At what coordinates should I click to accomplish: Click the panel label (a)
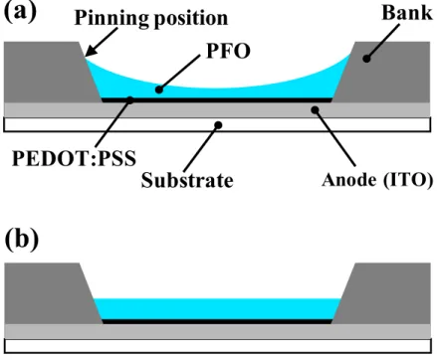point(20,12)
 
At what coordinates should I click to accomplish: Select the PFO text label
point(228,52)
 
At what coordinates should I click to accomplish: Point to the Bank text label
point(407,13)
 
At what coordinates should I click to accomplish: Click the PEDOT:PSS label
point(74,158)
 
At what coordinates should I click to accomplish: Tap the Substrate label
point(187,180)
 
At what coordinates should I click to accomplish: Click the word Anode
point(349,180)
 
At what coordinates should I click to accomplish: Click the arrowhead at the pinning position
point(88,53)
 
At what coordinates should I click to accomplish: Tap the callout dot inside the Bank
point(366,59)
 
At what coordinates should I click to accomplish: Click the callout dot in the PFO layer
point(159,90)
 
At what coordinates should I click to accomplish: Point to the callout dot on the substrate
point(218,125)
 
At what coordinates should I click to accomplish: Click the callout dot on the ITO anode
point(316,109)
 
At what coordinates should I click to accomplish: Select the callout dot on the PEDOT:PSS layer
point(130,99)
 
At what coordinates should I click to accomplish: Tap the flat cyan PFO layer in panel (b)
point(217,309)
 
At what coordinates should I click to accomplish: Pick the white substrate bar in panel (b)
point(217,346)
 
